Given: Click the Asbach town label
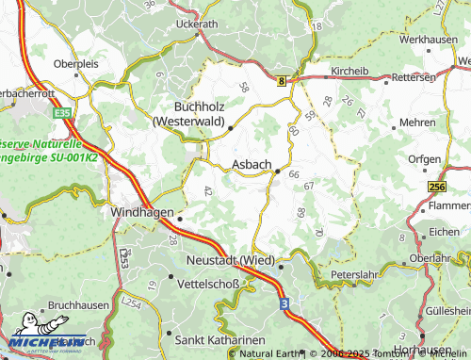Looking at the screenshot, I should (251, 164).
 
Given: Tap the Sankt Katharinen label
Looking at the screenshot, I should (220, 337).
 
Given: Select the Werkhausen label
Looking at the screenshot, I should (428, 41).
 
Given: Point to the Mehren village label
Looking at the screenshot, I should (417, 123).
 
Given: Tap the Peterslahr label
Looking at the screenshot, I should (354, 276).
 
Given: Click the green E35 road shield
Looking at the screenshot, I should (64, 113).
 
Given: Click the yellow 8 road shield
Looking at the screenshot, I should (281, 82).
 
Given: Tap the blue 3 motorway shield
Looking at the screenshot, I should (283, 303).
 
